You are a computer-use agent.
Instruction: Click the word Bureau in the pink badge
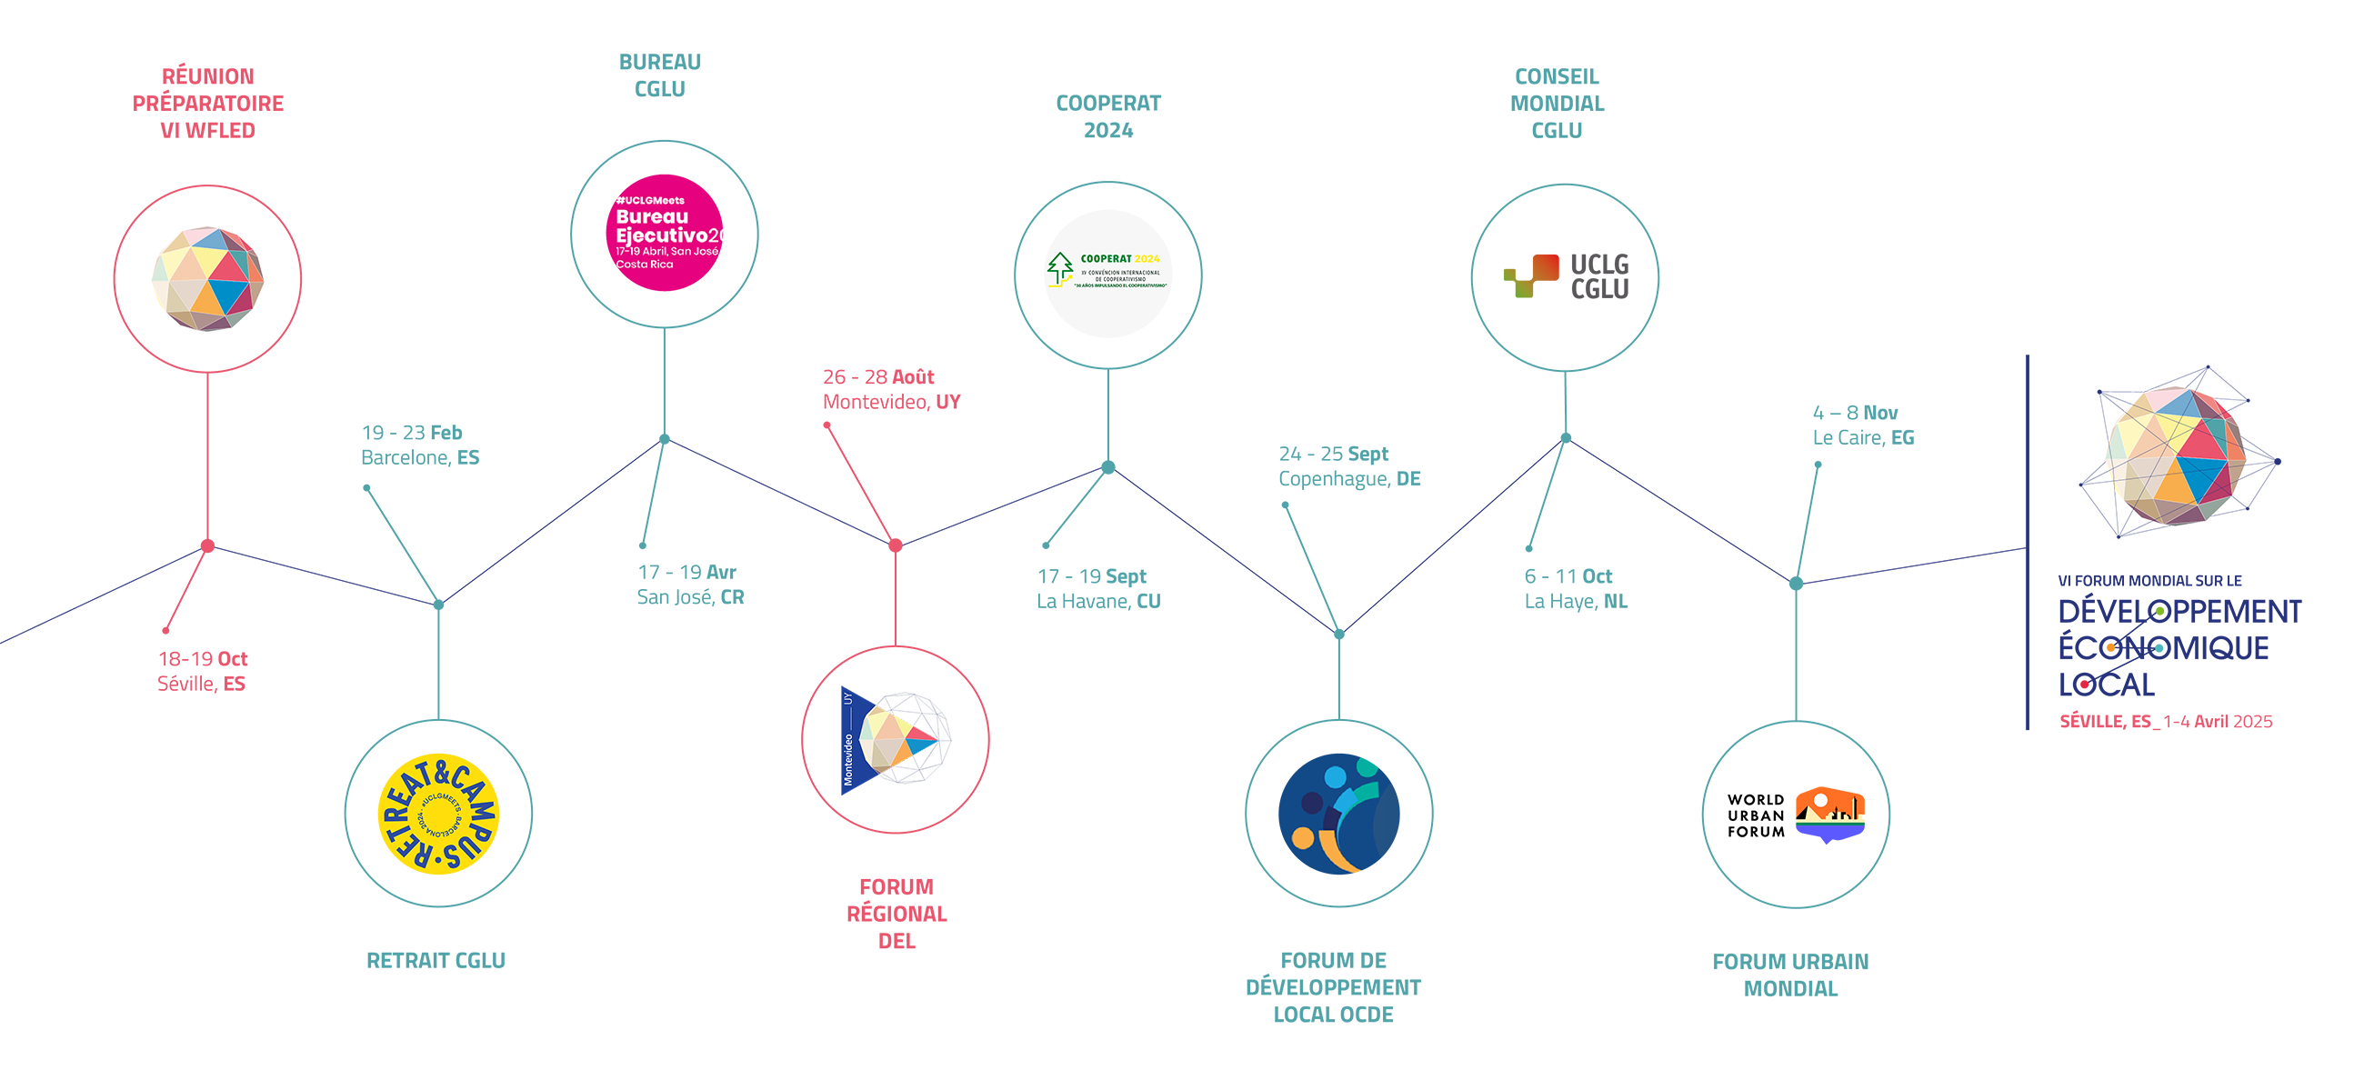[x=652, y=217]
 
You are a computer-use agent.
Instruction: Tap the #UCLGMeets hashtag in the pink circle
[x=650, y=200]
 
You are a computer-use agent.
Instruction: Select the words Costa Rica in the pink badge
[x=645, y=265]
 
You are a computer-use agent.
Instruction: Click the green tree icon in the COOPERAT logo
[x=1060, y=268]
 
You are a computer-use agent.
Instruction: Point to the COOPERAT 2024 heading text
[x=1119, y=259]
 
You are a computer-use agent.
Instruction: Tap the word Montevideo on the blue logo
[x=848, y=758]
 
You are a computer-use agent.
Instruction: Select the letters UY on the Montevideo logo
[x=848, y=698]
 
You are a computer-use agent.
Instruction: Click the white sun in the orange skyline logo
[x=1819, y=801]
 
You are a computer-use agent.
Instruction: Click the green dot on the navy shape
[x=2160, y=611]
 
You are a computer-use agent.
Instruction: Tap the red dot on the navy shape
[x=2084, y=684]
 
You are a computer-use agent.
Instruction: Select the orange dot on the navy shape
[x=2109, y=648]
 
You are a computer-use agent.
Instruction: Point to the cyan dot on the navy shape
[x=2159, y=648]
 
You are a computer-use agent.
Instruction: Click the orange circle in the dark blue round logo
[x=1302, y=837]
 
